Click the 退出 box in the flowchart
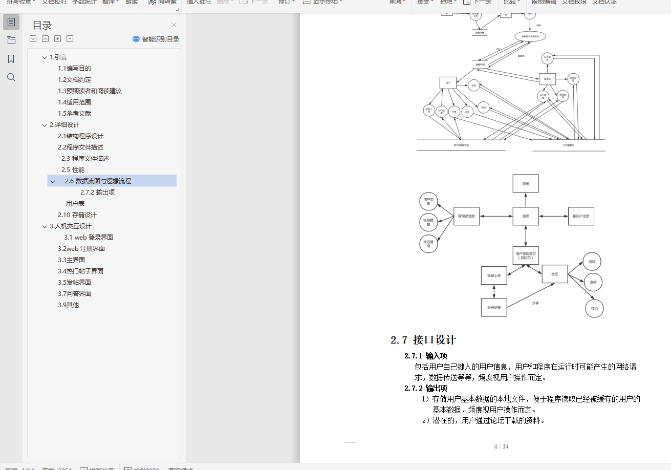coord(526,183)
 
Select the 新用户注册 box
coord(581,216)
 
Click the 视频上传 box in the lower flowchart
coord(494,275)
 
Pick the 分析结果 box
coord(494,307)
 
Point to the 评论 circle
coord(594,309)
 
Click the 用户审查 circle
coord(428,202)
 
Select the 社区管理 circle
coord(428,243)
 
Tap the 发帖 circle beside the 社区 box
coord(593,282)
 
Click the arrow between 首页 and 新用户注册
coord(553,216)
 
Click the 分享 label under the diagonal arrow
coord(535,303)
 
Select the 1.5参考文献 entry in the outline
coord(74,114)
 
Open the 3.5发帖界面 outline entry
coord(74,283)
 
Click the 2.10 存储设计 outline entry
coord(77,215)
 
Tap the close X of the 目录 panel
coord(174,25)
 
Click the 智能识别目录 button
coord(156,39)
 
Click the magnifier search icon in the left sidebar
coord(11,77)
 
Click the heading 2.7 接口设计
coord(423,340)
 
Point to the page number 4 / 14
coord(501,446)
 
